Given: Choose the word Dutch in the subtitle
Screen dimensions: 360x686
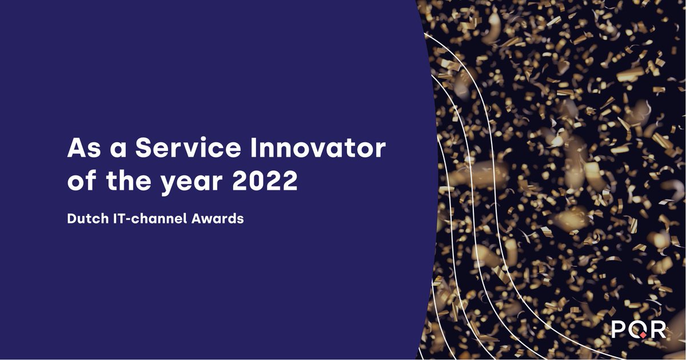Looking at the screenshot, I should point(83,218).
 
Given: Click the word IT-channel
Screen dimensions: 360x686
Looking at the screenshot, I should point(147,218).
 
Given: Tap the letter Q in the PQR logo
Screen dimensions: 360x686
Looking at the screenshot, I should point(639,330).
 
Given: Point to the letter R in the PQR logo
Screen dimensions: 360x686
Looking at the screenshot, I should point(659,329).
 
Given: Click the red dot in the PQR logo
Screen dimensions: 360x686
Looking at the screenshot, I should point(643,335).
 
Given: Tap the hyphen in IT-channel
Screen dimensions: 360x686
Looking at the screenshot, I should point(125,219).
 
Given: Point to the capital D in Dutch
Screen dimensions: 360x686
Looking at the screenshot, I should point(71,218).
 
